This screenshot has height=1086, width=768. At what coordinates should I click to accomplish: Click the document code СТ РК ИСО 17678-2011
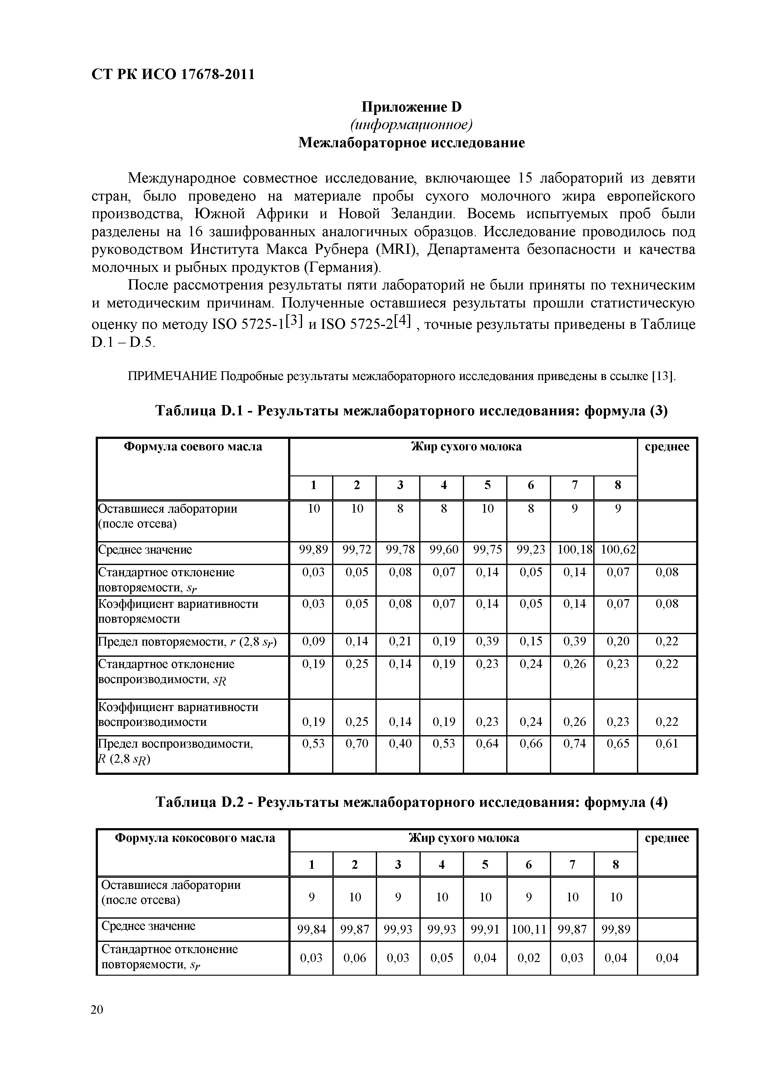click(173, 74)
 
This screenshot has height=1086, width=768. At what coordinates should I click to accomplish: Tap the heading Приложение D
click(411, 107)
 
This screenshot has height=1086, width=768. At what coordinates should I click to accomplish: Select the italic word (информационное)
click(411, 125)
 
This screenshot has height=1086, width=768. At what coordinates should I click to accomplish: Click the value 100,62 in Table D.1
click(618, 550)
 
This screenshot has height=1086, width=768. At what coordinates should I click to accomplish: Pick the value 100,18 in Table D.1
click(575, 550)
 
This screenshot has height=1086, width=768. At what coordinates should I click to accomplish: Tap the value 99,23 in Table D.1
click(531, 550)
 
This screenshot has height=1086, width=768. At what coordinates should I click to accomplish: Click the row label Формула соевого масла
click(192, 447)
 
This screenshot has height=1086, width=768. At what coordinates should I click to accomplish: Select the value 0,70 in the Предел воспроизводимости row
click(357, 744)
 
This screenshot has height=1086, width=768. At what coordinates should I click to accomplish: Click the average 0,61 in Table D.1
click(667, 744)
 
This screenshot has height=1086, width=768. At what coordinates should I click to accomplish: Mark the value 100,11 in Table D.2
click(529, 929)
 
